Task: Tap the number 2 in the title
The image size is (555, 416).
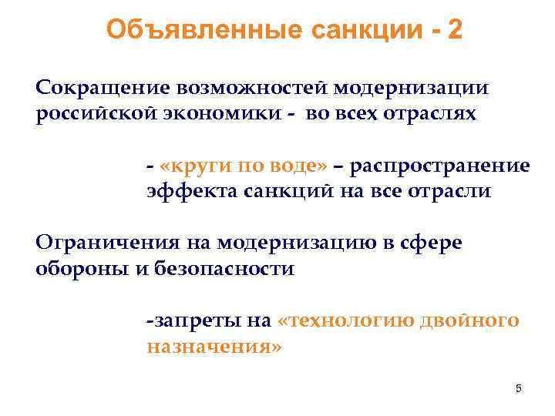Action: pyautogui.click(x=455, y=30)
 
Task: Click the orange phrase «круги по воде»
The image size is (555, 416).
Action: pyautogui.click(x=244, y=166)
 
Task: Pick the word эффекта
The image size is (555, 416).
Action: pyautogui.click(x=186, y=192)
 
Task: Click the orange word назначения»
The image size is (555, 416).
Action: pyautogui.click(x=214, y=346)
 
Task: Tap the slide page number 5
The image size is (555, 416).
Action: pyautogui.click(x=518, y=389)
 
